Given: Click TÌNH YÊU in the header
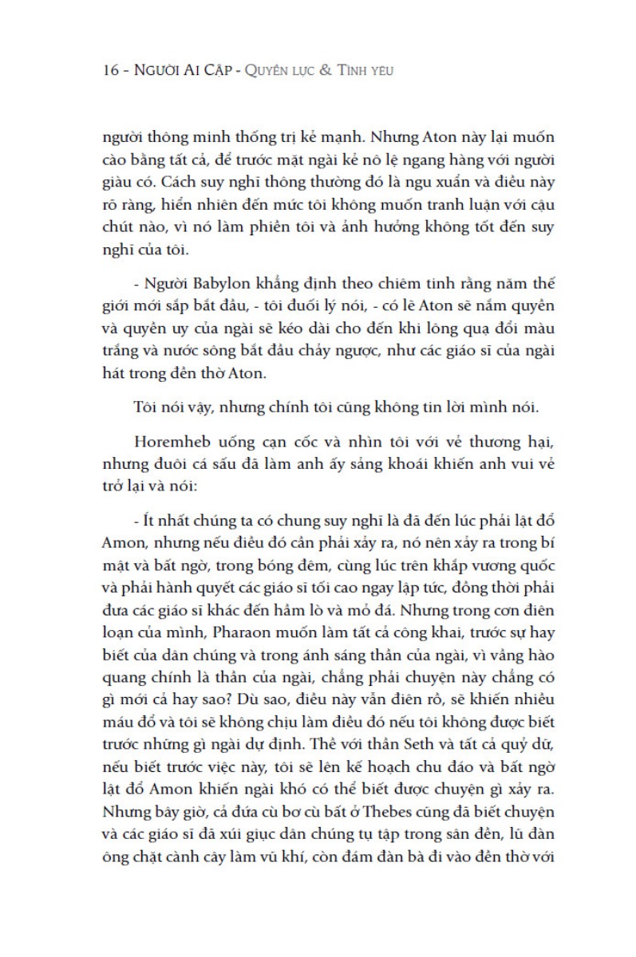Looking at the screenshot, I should [x=369, y=71].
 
